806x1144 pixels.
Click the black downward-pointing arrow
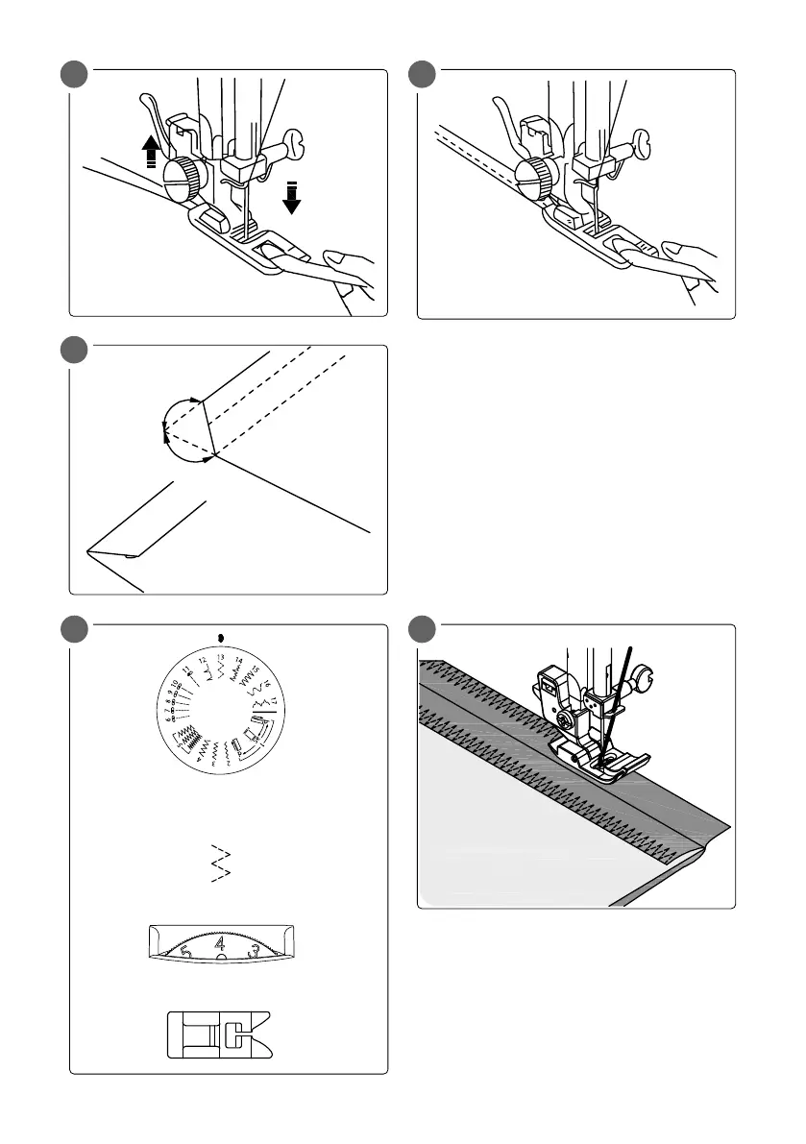292,197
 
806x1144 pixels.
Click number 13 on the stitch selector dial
220,657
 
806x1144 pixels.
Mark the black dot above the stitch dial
221,636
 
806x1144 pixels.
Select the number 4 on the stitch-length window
221,945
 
